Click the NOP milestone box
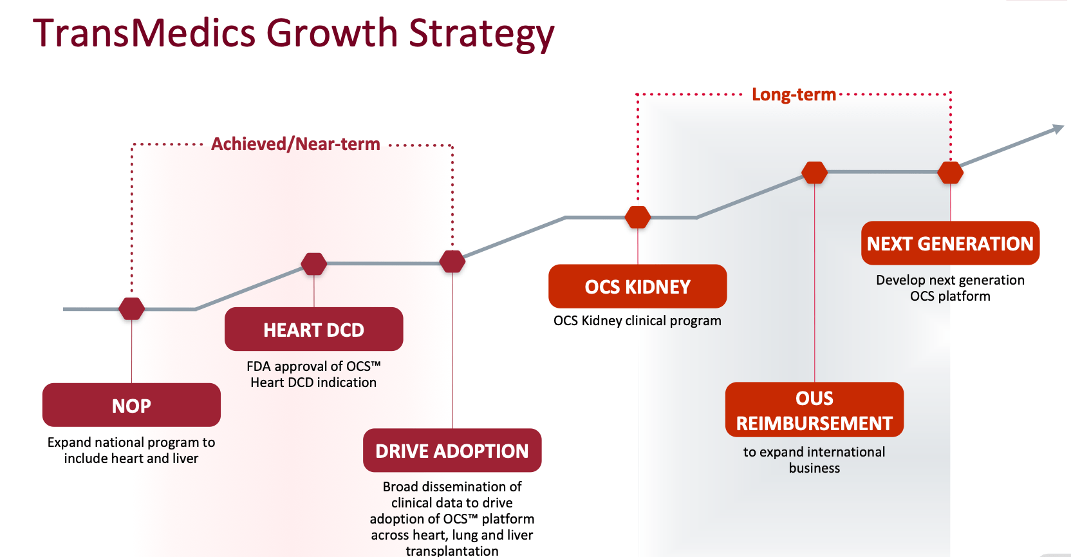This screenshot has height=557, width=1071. [x=131, y=405]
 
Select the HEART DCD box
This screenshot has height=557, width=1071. [x=313, y=329]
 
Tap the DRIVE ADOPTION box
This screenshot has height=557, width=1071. [x=452, y=450]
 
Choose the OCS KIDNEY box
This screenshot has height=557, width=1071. [x=638, y=286]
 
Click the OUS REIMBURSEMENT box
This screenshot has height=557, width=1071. [x=814, y=410]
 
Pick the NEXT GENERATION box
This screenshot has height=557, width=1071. [x=951, y=243]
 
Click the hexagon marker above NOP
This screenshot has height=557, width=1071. [x=131, y=308]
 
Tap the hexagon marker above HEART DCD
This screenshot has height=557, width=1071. [x=313, y=263]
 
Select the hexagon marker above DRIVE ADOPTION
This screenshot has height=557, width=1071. [x=452, y=261]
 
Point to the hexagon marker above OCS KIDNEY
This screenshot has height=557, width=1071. [x=638, y=217]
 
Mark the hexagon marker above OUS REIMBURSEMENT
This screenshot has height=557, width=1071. [x=814, y=173]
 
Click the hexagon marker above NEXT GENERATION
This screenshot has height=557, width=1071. [x=951, y=173]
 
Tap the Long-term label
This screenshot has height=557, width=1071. [x=794, y=94]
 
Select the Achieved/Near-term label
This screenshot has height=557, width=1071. [x=295, y=144]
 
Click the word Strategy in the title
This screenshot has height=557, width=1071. [x=481, y=33]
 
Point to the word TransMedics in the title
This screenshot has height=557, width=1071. [x=144, y=33]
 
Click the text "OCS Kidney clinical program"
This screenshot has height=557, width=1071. [x=637, y=321]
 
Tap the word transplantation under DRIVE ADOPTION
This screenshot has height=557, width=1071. [x=452, y=551]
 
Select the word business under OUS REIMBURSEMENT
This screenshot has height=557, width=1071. [x=814, y=468]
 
